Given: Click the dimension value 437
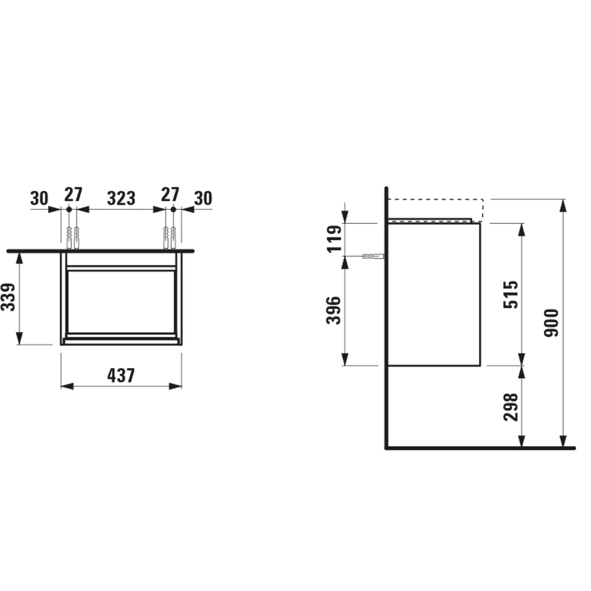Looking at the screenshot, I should click(121, 376).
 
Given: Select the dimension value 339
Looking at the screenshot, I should click(9, 297).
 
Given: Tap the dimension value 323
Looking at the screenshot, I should click(121, 199).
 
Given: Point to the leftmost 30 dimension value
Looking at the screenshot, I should click(39, 199).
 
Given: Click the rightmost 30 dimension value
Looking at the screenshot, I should click(203, 199).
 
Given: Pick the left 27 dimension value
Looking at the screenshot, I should click(73, 195).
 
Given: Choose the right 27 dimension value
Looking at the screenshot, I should click(170, 195).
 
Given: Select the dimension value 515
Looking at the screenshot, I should click(511, 294).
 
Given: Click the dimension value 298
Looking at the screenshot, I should click(511, 407).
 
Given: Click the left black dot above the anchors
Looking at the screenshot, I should click(69, 210).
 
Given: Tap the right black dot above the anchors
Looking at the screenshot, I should click(173, 210).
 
